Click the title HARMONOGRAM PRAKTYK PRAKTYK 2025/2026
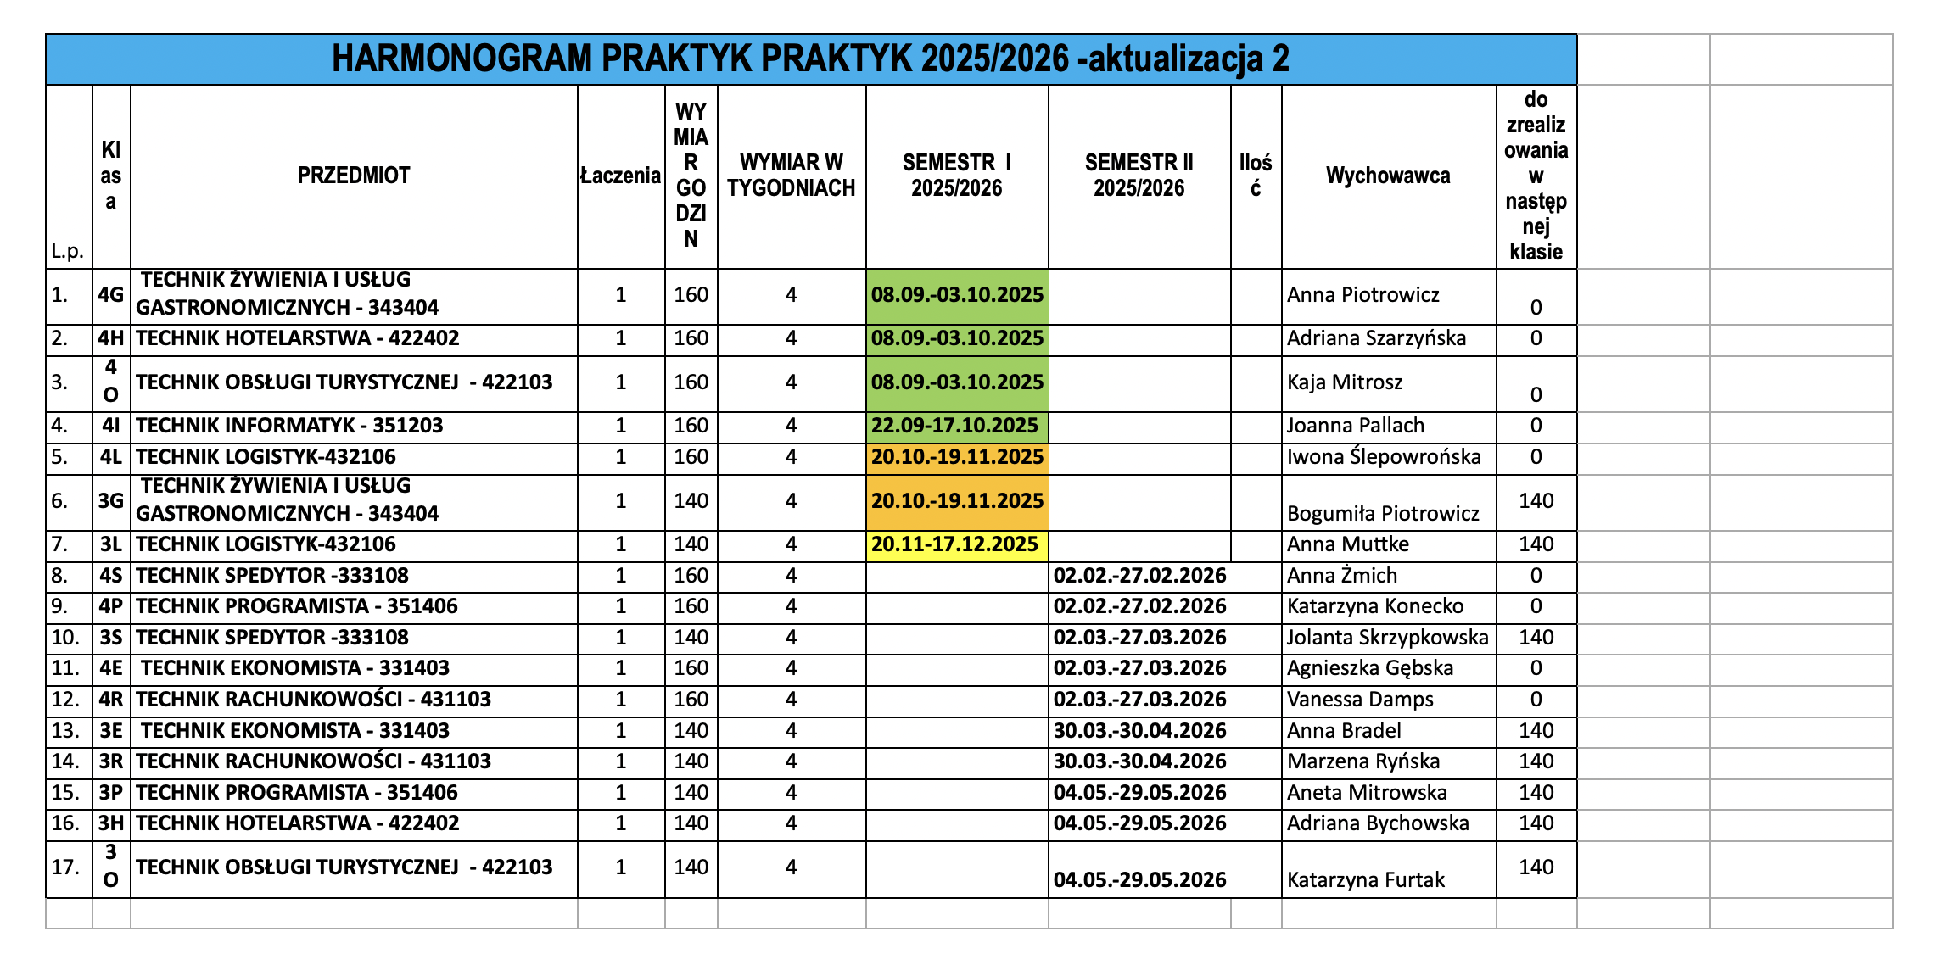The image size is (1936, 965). coord(810,59)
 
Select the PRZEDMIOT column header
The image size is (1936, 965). coord(353,176)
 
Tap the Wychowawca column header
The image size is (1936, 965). coord(1388,176)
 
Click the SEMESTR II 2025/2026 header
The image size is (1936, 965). coord(1139,176)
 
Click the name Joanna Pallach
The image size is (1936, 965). coord(1355,426)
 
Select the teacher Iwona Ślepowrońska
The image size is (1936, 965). coord(1383,457)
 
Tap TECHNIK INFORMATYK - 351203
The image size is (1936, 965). coord(289,426)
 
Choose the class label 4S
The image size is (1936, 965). coord(111,576)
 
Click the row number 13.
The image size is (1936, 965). coord(65,731)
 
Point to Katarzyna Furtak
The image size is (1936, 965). coord(1365,880)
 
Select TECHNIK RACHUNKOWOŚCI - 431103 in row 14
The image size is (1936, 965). coord(313,761)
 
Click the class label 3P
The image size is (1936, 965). coord(111,793)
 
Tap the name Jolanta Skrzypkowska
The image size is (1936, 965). coord(1387,638)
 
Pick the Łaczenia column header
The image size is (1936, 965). coord(620,176)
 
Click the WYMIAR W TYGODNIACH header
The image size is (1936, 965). coord(791,176)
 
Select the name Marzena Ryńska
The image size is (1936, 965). coord(1362,761)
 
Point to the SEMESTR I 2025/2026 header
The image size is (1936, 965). coord(956,176)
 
